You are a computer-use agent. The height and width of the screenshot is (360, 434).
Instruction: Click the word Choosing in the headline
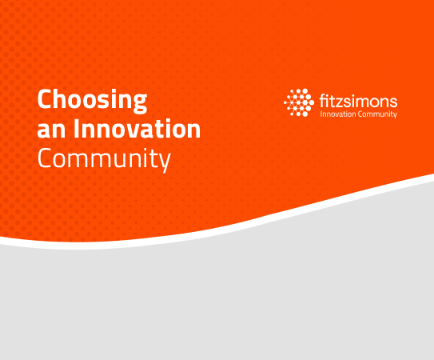pyautogui.click(x=92, y=101)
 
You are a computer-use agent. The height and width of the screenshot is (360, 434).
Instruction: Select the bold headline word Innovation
pyautogui.click(x=137, y=128)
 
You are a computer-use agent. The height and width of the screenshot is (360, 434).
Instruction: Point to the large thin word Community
pyautogui.click(x=104, y=158)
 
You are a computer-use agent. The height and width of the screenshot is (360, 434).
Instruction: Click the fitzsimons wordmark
pyautogui.click(x=358, y=101)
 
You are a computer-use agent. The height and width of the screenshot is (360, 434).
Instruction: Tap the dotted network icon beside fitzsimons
pyautogui.click(x=299, y=102)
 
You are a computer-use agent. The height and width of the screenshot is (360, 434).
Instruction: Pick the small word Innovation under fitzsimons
pyautogui.click(x=338, y=114)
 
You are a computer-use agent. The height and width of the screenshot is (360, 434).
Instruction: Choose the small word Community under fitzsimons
pyautogui.click(x=377, y=114)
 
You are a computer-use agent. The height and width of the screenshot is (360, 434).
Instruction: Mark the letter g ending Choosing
pyautogui.click(x=140, y=104)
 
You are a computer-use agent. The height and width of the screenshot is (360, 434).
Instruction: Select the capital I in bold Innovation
pyautogui.click(x=77, y=128)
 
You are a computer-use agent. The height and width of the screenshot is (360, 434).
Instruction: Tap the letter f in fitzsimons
pyautogui.click(x=323, y=101)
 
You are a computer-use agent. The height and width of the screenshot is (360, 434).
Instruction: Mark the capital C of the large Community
pyautogui.click(x=44, y=158)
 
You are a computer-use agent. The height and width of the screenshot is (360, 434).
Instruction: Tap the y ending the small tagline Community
pyautogui.click(x=396, y=115)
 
